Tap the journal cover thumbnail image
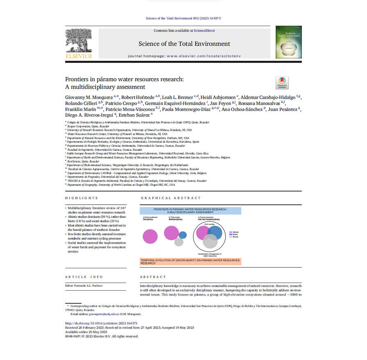(288, 42)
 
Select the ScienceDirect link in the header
(205, 31)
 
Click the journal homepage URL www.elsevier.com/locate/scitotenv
(200, 55)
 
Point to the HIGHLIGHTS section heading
(82, 198)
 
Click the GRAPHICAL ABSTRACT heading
(171, 198)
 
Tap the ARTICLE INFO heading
(84, 277)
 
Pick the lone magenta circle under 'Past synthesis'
(150, 236)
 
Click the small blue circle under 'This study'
(182, 235)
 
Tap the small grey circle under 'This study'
(179, 242)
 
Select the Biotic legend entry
(234, 235)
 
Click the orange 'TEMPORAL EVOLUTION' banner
(190, 261)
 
